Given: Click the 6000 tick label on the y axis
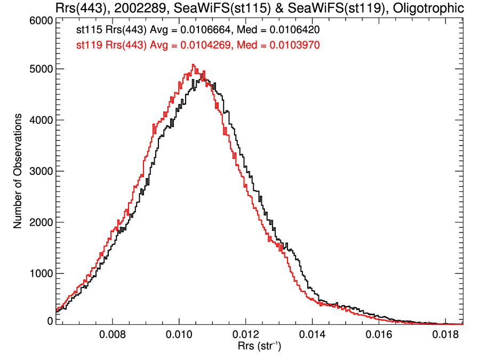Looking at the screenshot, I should [x=40, y=20].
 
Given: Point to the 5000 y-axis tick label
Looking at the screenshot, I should [x=40, y=69].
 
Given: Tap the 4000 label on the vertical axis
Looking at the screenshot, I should [x=40, y=120].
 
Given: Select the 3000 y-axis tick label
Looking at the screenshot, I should [x=40, y=171].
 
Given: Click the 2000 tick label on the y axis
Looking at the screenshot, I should [x=40, y=222].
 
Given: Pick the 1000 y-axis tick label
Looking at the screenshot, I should [x=40, y=274].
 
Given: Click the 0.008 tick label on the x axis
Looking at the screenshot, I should [x=113, y=336].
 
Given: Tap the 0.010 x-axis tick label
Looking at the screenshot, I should [x=179, y=336].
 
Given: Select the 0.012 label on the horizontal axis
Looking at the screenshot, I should [x=245, y=336].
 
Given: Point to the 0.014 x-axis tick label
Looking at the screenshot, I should [x=312, y=336].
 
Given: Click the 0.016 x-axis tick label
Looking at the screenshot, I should [x=378, y=336].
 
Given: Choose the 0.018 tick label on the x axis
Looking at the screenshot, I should [x=445, y=336].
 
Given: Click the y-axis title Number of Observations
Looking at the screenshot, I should [x=18, y=171].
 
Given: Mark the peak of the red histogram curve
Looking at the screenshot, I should [x=193, y=65].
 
